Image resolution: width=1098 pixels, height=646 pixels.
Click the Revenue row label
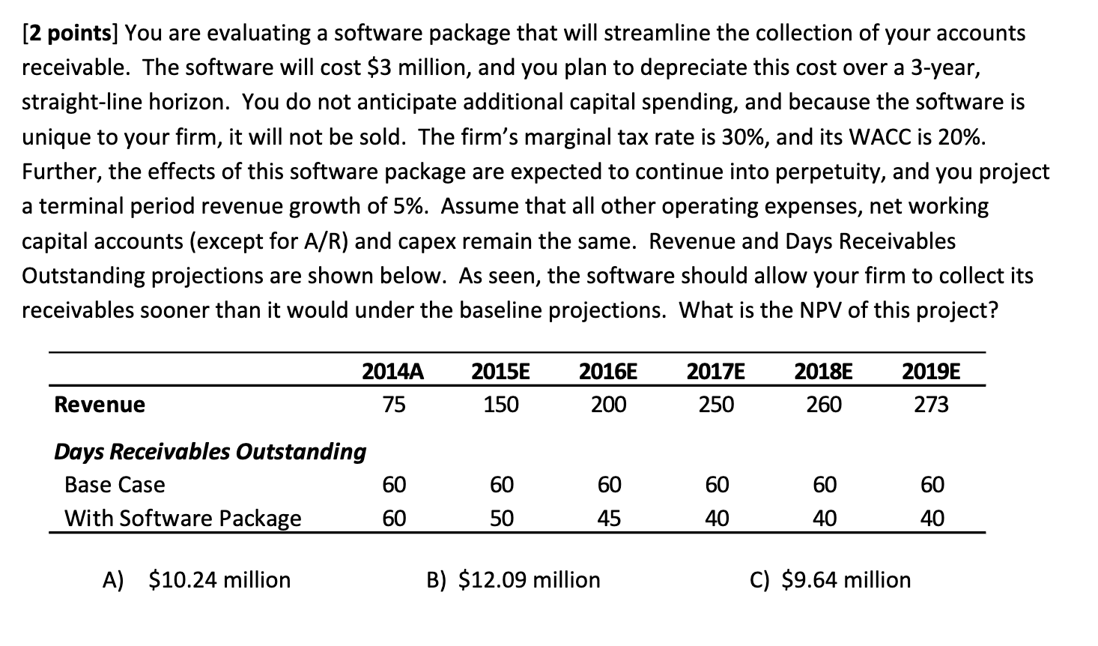(x=100, y=405)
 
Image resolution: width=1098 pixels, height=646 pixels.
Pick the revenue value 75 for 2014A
(x=394, y=405)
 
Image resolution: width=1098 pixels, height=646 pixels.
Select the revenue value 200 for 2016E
(x=608, y=405)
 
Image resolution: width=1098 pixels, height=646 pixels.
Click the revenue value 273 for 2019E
(x=932, y=405)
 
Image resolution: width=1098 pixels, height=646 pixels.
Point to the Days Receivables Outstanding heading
(x=210, y=451)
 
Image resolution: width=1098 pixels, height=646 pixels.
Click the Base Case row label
(x=115, y=485)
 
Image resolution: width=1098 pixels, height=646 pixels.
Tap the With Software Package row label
(x=183, y=519)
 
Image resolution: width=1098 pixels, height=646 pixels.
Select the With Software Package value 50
(x=501, y=519)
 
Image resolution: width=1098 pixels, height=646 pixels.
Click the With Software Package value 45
(x=609, y=519)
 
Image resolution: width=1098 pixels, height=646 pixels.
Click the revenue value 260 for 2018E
(x=824, y=405)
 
